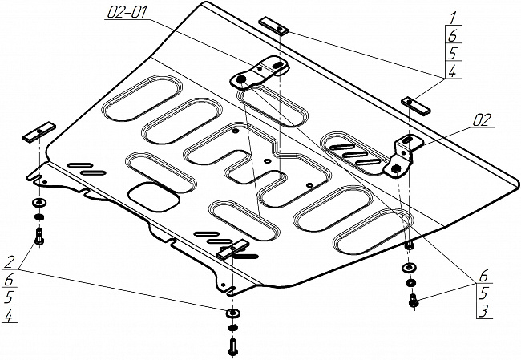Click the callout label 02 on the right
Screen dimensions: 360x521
[481, 121]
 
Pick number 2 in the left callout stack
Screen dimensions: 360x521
[10, 261]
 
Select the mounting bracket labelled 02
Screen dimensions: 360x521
[405, 153]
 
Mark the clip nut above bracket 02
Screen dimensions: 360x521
[415, 103]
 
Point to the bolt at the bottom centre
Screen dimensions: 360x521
[232, 346]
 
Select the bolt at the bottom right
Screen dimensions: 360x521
[413, 301]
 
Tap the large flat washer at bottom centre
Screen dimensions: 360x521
[232, 311]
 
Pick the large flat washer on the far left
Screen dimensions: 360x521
[38, 203]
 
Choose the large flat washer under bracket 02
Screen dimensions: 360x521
[409, 267]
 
